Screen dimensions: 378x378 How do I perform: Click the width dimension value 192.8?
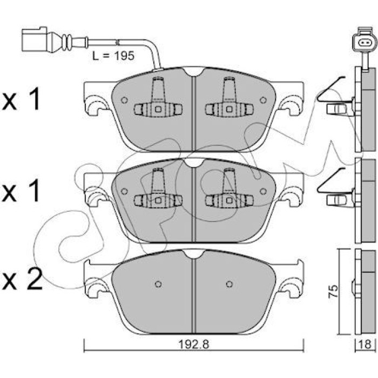(193, 345)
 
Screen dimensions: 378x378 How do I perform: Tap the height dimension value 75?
(334, 292)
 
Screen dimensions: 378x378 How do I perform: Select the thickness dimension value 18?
(366, 345)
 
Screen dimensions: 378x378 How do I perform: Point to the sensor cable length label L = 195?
(113, 56)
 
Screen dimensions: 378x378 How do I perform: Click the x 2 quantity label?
(22, 279)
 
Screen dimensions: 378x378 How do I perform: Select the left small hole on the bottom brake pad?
(158, 284)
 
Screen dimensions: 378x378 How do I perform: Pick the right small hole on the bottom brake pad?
(230, 284)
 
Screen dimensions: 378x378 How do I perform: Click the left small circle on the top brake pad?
(124, 100)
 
